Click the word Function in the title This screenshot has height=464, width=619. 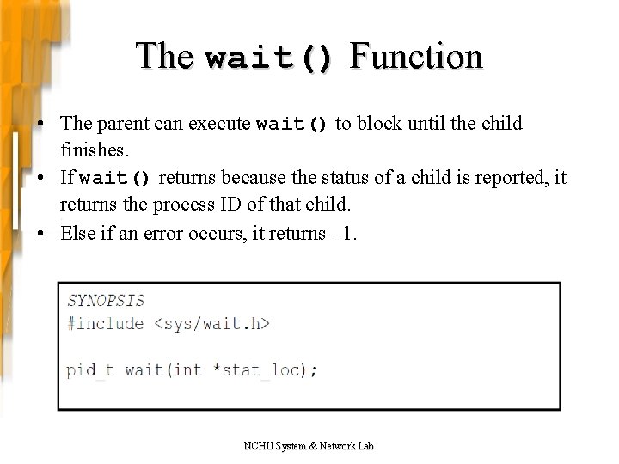point(417,57)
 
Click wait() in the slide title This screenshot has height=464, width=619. point(269,58)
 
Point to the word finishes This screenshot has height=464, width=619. point(95,150)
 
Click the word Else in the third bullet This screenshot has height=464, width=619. point(77,233)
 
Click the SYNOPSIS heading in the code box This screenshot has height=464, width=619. point(106,301)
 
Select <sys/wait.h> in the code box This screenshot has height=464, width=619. point(211,323)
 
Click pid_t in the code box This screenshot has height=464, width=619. point(90,370)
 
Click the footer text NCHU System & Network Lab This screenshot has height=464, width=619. point(309,445)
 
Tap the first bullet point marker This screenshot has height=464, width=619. point(41,125)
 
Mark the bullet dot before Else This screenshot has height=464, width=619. point(41,234)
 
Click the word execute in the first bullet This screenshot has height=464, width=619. point(216,124)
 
